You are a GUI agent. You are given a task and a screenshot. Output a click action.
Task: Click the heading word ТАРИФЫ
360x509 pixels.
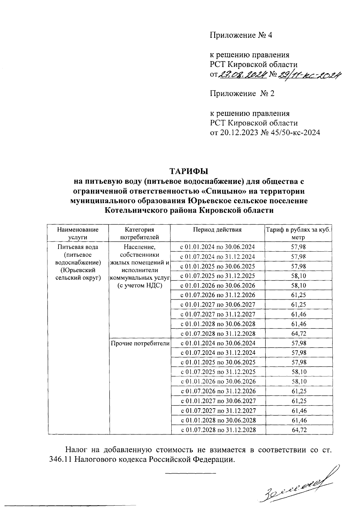[189, 171]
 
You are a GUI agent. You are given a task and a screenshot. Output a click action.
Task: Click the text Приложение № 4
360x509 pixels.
[241, 35]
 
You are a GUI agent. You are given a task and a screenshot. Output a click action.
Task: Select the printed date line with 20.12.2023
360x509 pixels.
[265, 132]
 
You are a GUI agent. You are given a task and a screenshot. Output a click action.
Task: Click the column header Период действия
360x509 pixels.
[217, 230]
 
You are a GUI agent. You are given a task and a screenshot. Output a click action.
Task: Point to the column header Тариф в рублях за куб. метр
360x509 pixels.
[298, 233]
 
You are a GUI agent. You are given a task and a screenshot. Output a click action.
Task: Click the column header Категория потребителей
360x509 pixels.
[139, 233]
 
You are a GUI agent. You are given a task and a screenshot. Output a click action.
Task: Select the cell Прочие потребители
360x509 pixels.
[140, 343]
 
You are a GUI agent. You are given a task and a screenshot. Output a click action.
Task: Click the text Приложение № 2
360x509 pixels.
[242, 94]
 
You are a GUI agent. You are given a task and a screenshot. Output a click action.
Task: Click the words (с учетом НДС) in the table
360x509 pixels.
[140, 285]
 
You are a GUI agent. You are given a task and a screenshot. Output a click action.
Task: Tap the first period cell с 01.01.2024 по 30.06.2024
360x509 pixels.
[217, 247]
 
